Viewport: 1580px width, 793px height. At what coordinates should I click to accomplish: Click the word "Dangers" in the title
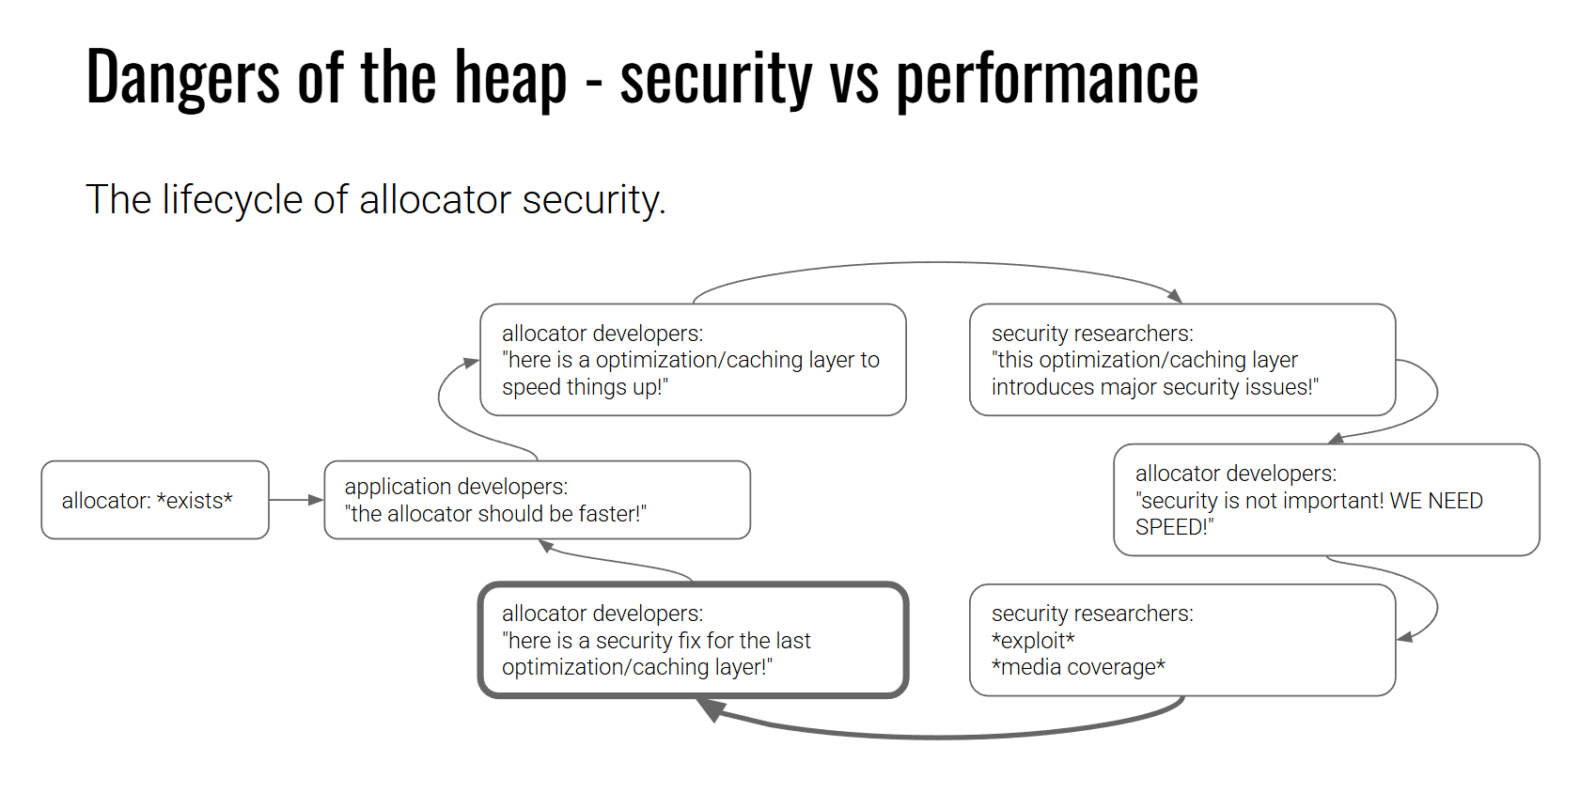pyautogui.click(x=182, y=77)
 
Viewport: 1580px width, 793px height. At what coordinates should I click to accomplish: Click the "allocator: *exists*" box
pyautogui.click(x=155, y=500)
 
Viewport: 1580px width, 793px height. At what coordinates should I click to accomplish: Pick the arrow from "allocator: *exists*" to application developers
pyautogui.click(x=296, y=500)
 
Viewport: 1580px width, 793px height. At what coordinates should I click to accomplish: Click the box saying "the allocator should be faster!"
pyautogui.click(x=537, y=500)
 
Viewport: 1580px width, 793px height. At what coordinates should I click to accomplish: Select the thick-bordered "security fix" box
pyautogui.click(x=693, y=640)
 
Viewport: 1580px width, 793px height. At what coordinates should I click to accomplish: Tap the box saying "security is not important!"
pyautogui.click(x=1325, y=500)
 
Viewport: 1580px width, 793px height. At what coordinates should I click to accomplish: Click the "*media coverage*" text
pyautogui.click(x=1078, y=667)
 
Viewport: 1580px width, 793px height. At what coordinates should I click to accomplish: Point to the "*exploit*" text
pyautogui.click(x=1033, y=641)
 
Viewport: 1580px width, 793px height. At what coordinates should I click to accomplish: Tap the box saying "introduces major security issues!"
pyautogui.click(x=1181, y=360)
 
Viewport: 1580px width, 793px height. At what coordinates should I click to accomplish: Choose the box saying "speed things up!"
pyautogui.click(x=693, y=360)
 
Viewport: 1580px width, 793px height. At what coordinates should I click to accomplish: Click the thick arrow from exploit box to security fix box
pyautogui.click(x=940, y=736)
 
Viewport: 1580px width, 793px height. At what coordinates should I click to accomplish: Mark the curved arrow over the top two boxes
pyautogui.click(x=935, y=264)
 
